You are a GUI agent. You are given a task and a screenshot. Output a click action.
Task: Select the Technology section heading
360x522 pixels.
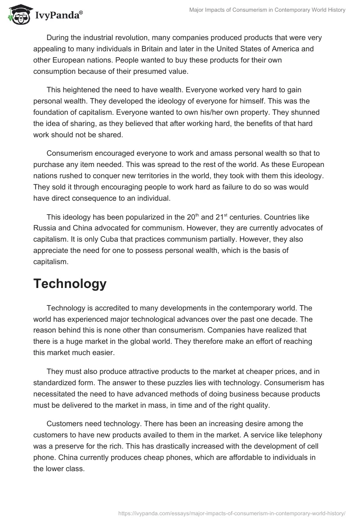click(x=70, y=283)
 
